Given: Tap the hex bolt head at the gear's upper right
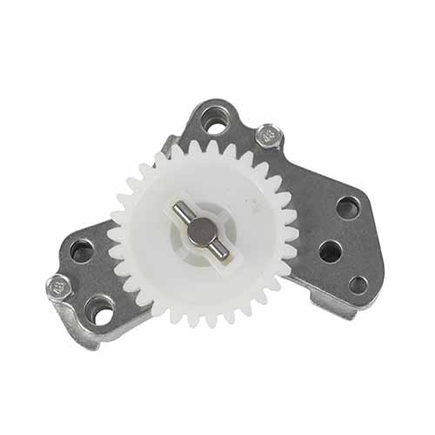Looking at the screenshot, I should (x=268, y=137).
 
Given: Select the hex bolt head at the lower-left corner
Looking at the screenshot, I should (x=58, y=285).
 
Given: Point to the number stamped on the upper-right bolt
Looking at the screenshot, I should (x=268, y=137).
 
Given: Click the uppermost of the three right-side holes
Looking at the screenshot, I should (x=347, y=208).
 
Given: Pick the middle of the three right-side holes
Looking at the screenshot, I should (x=331, y=251).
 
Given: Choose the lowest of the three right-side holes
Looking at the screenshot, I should (x=357, y=284).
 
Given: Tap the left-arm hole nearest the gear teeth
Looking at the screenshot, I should (x=82, y=251).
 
